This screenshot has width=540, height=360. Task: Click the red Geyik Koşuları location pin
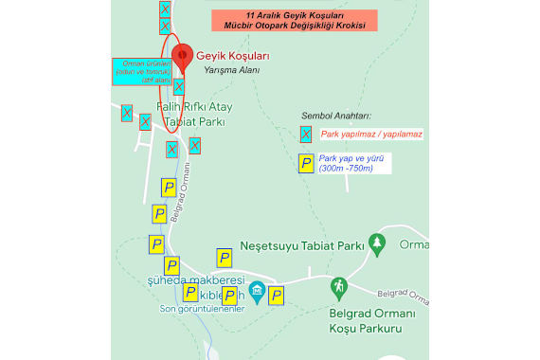coord(181,55)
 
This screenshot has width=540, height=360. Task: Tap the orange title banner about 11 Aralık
coord(294,20)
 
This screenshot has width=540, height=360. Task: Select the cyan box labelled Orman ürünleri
coord(136,71)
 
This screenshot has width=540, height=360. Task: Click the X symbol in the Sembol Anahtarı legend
coord(306,135)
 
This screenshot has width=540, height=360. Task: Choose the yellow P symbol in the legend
coord(306,164)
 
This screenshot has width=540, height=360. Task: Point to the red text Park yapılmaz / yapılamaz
coord(371,135)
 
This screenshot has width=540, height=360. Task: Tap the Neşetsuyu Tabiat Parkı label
coord(303,245)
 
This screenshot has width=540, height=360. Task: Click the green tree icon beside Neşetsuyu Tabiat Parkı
coord(378,244)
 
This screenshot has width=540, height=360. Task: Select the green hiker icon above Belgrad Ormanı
coord(339,287)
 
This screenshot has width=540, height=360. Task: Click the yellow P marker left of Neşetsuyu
coord(225,258)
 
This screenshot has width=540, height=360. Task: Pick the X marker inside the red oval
coord(179,86)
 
